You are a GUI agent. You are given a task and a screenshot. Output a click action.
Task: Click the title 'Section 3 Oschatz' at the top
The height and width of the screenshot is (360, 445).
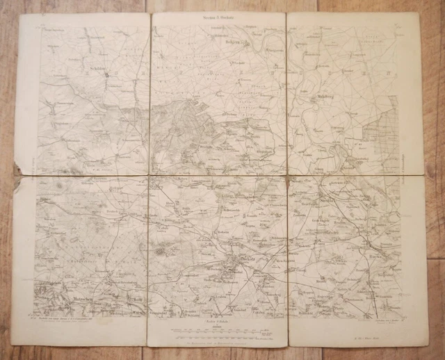point(218,16)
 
